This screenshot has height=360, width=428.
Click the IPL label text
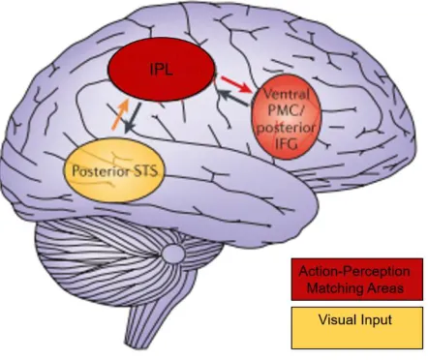click(162, 69)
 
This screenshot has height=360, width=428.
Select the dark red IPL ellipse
click(162, 69)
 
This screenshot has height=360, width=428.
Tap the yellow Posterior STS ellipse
click(114, 170)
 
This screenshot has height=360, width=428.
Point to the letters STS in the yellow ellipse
click(144, 170)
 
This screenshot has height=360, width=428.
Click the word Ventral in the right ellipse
click(287, 95)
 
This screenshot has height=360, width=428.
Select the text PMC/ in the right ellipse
click(287, 110)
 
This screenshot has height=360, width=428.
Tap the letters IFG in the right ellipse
click(287, 144)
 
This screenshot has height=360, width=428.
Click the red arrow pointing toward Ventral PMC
click(235, 84)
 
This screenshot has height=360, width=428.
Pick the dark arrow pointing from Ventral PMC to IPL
click(233, 98)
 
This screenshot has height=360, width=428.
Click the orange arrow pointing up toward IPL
click(120, 114)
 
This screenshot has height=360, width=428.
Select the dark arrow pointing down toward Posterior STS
click(133, 117)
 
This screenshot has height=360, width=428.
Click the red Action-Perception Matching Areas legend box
click(357, 280)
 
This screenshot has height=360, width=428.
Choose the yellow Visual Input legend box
click(357, 328)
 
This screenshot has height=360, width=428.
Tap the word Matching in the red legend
click(333, 288)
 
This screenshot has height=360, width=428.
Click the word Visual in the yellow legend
click(334, 319)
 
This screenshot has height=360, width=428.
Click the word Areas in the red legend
click(383, 287)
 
